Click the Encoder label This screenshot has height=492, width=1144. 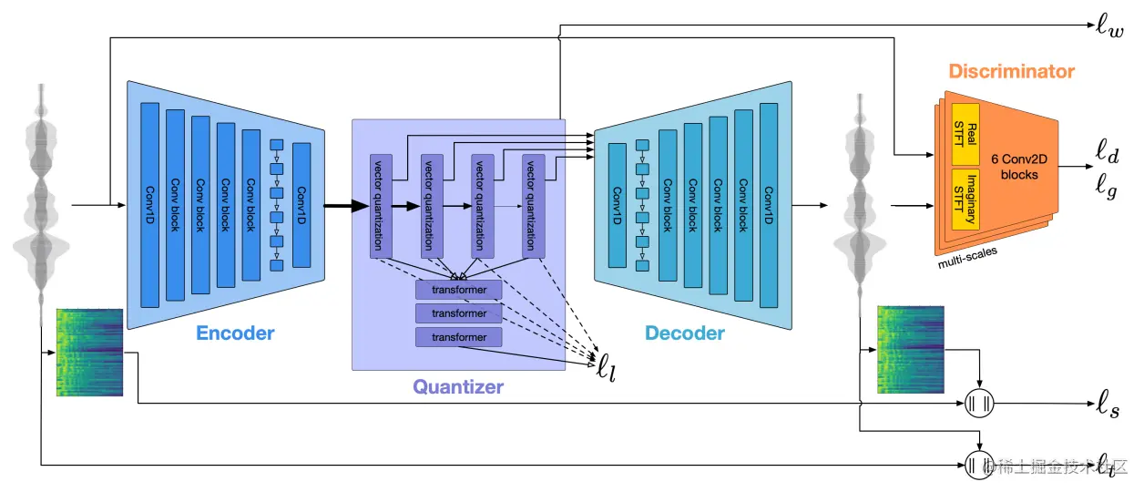pyautogui.click(x=235, y=333)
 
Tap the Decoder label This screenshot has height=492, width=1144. pyautogui.click(x=685, y=333)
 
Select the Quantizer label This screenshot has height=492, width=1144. pyautogui.click(x=458, y=386)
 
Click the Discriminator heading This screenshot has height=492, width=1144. pyautogui.click(x=1011, y=71)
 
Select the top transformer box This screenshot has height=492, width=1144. pyautogui.click(x=459, y=291)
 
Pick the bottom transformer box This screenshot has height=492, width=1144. pyautogui.click(x=459, y=337)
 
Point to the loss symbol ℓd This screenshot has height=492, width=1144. pyautogui.click(x=1108, y=149)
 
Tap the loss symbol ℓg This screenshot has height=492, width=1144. pyautogui.click(x=1108, y=187)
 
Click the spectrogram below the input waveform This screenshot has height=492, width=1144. pyautogui.click(x=89, y=352)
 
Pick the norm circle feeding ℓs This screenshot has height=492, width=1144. pyautogui.click(x=979, y=402)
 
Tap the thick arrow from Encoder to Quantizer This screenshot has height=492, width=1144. pyautogui.click(x=338, y=207)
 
